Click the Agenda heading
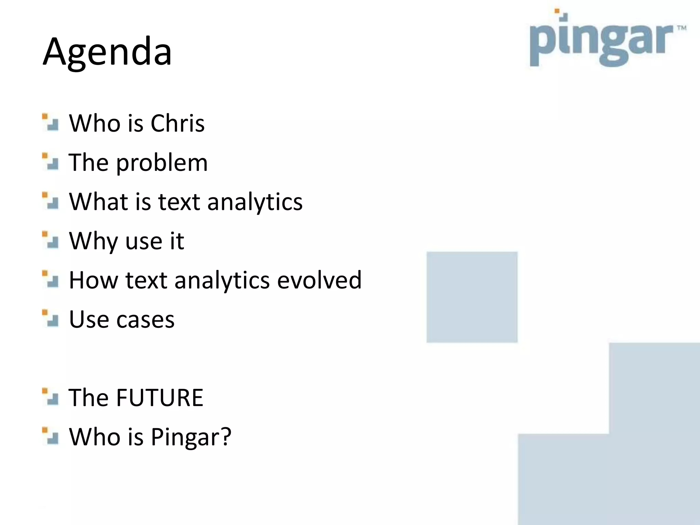coord(107,52)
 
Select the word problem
coord(162,163)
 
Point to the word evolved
coord(319,280)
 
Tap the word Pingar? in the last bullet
coord(191,437)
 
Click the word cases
coord(146,319)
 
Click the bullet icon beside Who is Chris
coord(50,122)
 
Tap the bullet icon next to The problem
coord(50,162)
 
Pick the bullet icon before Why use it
coord(50,240)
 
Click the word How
coord(94,280)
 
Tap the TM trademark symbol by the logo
coord(682,28)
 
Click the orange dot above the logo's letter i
coord(557,11)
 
